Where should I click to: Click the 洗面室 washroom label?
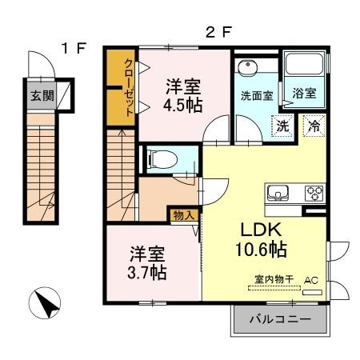257,94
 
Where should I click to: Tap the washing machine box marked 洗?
282,125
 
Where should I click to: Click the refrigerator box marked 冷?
314,125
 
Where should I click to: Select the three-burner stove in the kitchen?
313,193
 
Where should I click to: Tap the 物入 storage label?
180,214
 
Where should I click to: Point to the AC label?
311,281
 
